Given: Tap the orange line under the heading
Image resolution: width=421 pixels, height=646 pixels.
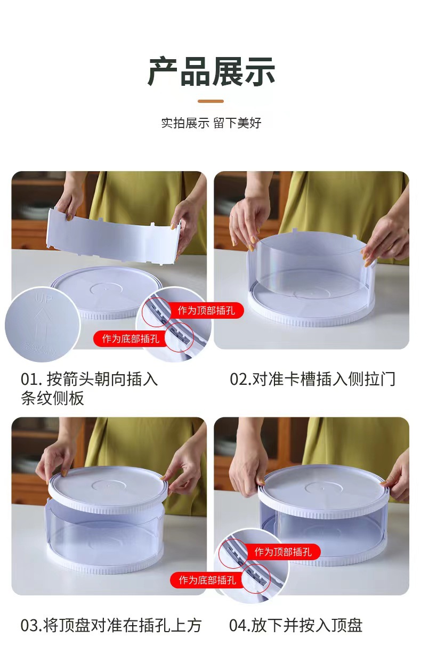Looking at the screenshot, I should [x=210, y=101].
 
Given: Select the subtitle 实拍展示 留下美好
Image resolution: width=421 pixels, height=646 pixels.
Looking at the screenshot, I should [x=211, y=123].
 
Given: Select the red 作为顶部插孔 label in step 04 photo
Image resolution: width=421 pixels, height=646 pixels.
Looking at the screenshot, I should [x=283, y=552].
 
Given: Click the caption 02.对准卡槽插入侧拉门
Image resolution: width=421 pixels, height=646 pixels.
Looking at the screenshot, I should [x=312, y=379].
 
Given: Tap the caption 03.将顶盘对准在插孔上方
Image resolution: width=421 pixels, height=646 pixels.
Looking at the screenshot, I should [x=111, y=625].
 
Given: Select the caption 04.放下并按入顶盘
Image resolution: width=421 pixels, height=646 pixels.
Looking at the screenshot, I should [x=296, y=625].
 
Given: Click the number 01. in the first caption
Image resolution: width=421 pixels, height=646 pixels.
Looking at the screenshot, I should [x=31, y=379].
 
